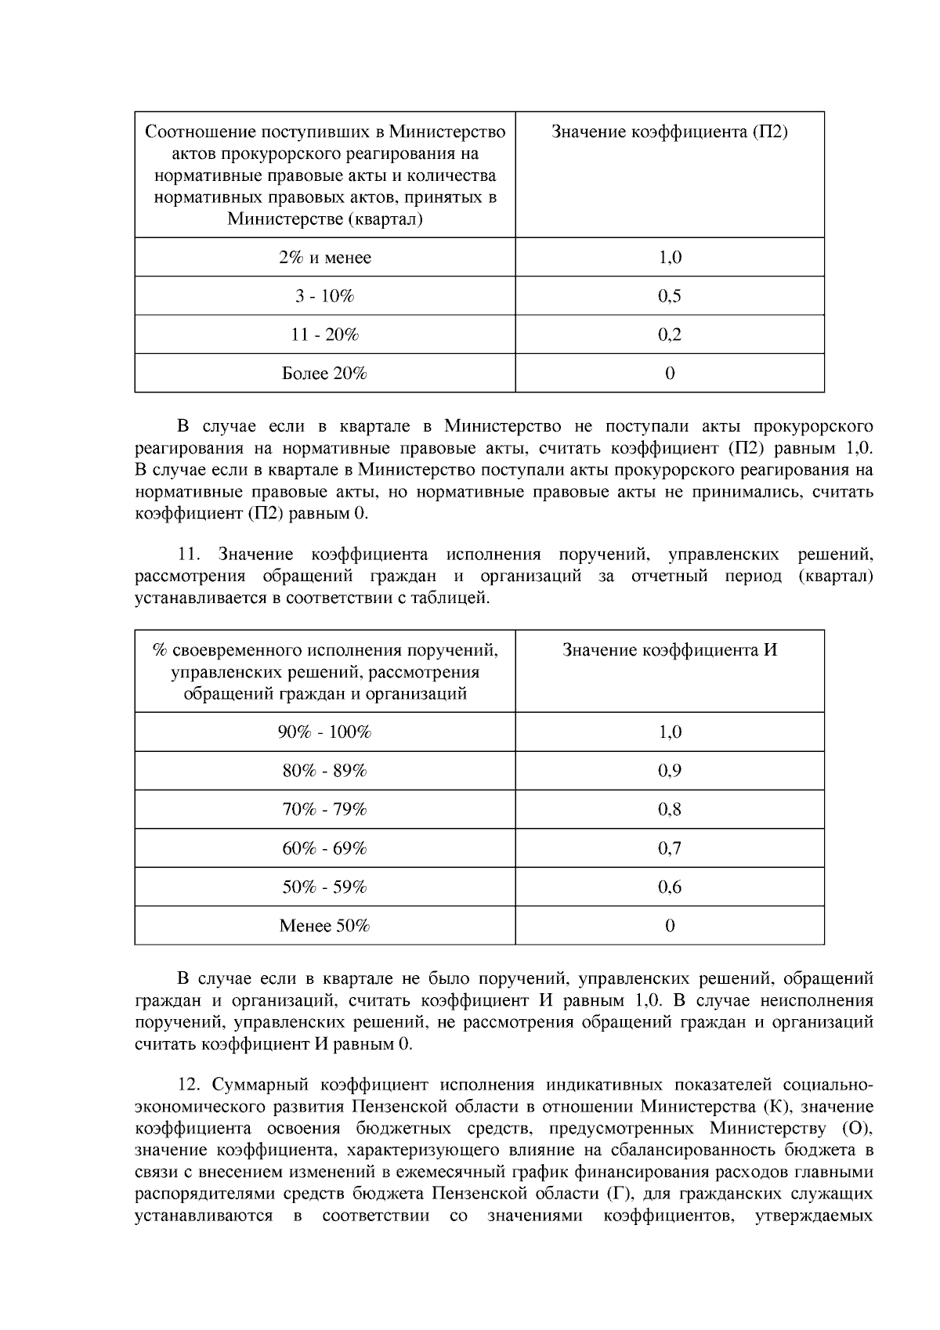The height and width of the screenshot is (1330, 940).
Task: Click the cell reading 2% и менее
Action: [324, 258]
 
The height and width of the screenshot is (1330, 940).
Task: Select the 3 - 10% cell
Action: [324, 296]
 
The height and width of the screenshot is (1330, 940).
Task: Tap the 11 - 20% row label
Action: [324, 334]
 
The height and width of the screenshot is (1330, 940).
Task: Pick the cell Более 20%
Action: [324, 374]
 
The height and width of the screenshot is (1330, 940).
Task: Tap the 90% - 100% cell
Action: [324, 732]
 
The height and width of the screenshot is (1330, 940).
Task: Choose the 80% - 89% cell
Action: [324, 771]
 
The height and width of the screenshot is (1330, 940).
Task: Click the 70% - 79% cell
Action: [324, 809]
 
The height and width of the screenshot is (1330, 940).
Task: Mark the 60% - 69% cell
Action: [324, 848]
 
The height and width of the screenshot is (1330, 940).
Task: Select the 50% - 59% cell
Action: [324, 887]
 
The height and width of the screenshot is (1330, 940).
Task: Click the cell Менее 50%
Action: [324, 926]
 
